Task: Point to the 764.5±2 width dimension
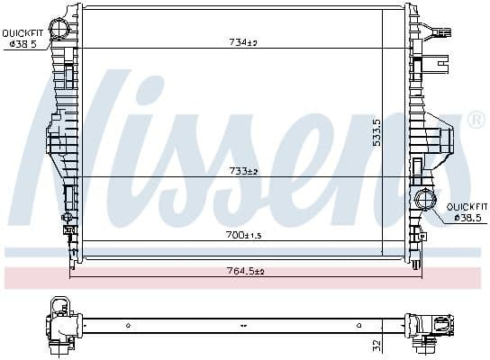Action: tap(245, 270)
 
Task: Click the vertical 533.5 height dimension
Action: tap(377, 133)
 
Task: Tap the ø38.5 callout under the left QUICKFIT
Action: tap(22, 43)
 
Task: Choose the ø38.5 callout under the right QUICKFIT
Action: tap(468, 217)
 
